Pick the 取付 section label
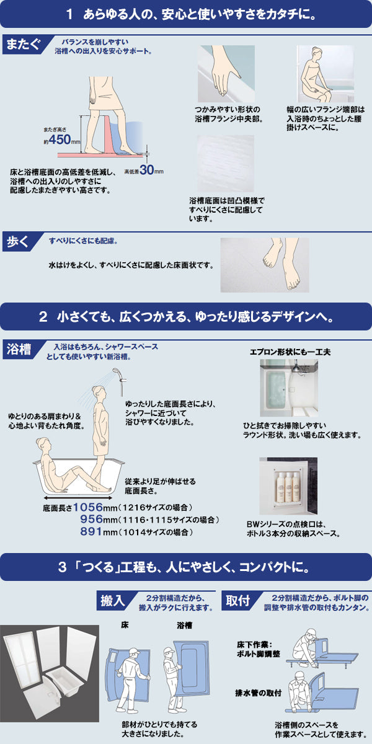237,600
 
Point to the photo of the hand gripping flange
225,74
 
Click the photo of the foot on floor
265,265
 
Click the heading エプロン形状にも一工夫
290,352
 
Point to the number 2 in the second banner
43,317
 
